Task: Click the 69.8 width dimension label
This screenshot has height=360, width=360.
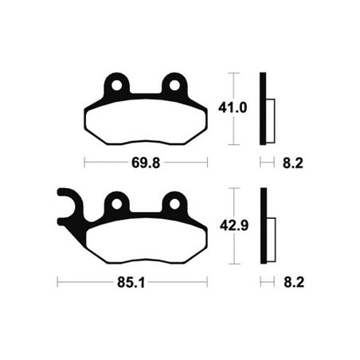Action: point(146,162)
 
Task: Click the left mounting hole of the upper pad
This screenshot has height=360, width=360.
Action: point(118,84)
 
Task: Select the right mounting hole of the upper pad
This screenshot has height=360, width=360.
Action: point(174,84)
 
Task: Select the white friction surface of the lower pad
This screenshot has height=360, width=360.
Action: point(146,241)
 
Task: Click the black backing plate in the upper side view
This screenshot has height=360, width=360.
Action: point(261,109)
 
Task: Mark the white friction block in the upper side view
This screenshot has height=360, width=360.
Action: point(269,120)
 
